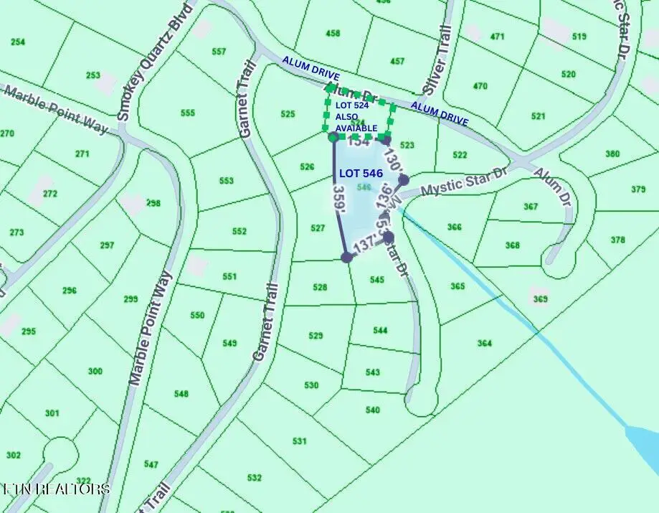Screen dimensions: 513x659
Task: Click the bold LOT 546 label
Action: (361, 173)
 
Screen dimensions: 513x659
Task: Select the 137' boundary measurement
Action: (365, 245)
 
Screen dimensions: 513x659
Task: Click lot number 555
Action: (188, 113)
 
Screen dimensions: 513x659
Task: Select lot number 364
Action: (485, 343)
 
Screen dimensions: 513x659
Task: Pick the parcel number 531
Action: (300, 441)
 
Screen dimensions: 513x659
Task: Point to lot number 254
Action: (18, 42)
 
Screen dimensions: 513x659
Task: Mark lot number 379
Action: (638, 189)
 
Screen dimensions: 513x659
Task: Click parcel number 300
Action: (95, 371)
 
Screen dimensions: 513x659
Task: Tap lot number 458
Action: (333, 34)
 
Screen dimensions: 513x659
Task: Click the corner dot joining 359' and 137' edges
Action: (346, 257)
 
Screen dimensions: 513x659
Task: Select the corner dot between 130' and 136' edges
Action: (404, 179)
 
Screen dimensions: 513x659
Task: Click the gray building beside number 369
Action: (538, 295)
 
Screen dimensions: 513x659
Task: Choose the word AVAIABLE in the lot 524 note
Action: (357, 128)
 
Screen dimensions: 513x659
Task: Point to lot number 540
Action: (372, 410)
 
